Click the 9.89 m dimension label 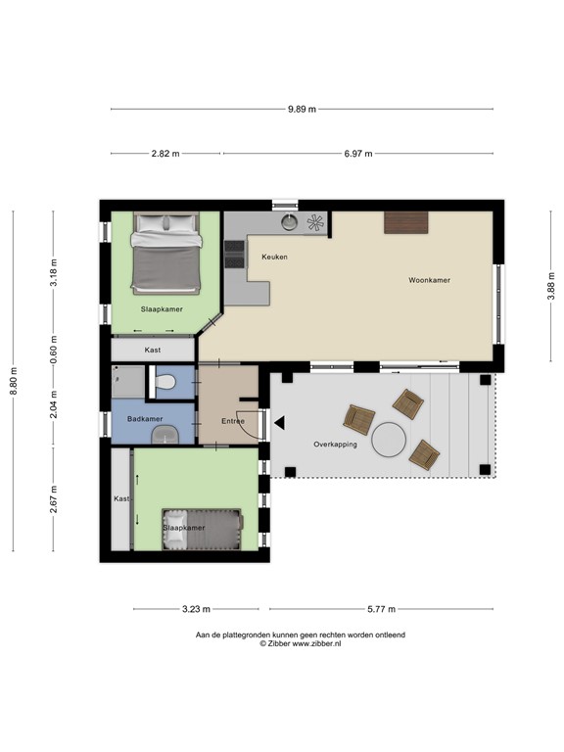[302, 109]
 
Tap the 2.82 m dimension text [165, 154]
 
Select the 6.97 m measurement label [358, 154]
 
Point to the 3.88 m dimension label [551, 286]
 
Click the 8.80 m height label [14, 381]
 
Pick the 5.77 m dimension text [381, 609]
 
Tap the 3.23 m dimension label [196, 609]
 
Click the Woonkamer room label [429, 280]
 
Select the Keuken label [275, 258]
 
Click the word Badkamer [145, 419]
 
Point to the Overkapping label [335, 445]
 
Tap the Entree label [233, 421]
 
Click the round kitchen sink [289, 222]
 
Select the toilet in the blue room [164, 383]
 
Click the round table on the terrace [389, 440]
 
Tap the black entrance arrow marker [279, 423]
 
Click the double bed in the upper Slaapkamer [165, 254]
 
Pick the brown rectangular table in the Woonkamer [406, 222]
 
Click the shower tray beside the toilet [128, 382]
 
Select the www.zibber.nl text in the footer [317, 644]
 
